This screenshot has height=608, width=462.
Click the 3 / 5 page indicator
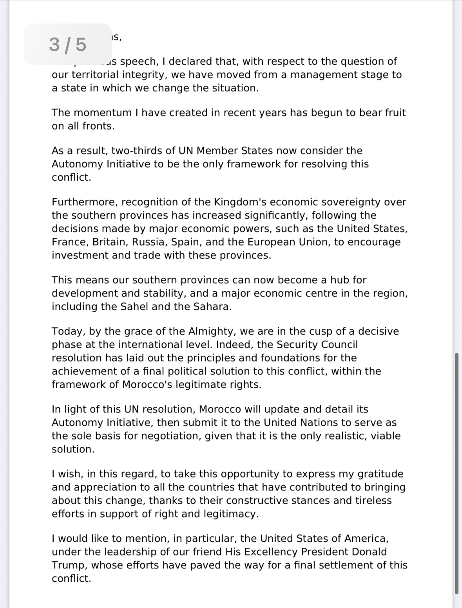coord(67,44)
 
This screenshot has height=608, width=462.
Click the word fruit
coord(393,113)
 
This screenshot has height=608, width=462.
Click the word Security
coord(297,345)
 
